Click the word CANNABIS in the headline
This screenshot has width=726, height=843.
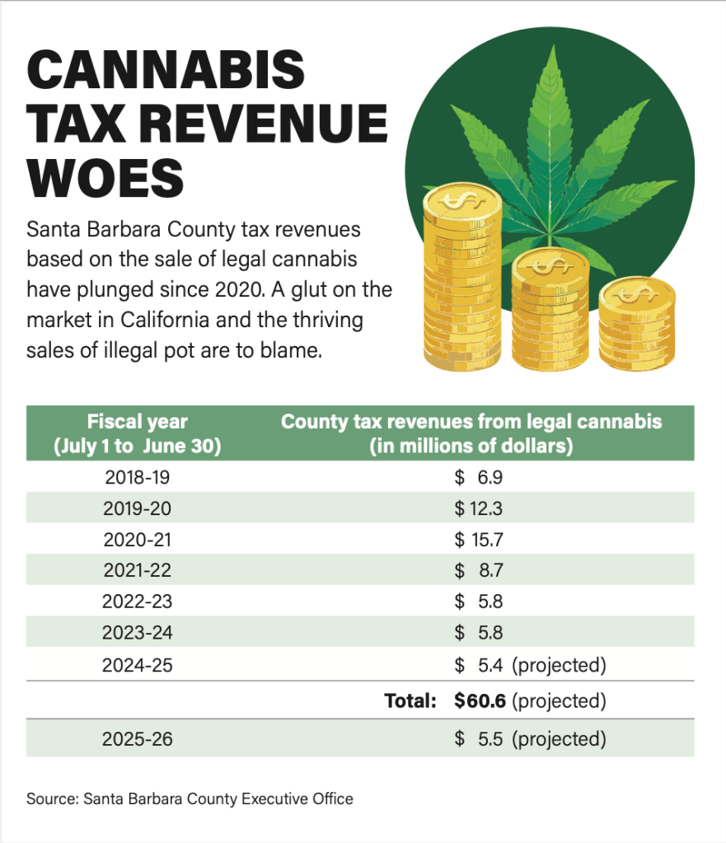[166, 71]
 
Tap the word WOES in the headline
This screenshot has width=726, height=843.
[105, 175]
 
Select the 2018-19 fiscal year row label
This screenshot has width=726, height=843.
[138, 477]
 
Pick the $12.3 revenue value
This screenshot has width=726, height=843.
[479, 508]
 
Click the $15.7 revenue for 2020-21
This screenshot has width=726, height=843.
[479, 540]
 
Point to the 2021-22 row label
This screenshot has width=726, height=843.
[138, 570]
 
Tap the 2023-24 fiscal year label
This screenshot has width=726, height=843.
[138, 633]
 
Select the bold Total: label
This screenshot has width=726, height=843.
[410, 701]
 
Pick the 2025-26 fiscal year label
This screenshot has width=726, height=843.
[138, 739]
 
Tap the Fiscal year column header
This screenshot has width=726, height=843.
[138, 433]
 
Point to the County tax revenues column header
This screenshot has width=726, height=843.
[471, 433]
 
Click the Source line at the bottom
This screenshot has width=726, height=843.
[190, 799]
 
